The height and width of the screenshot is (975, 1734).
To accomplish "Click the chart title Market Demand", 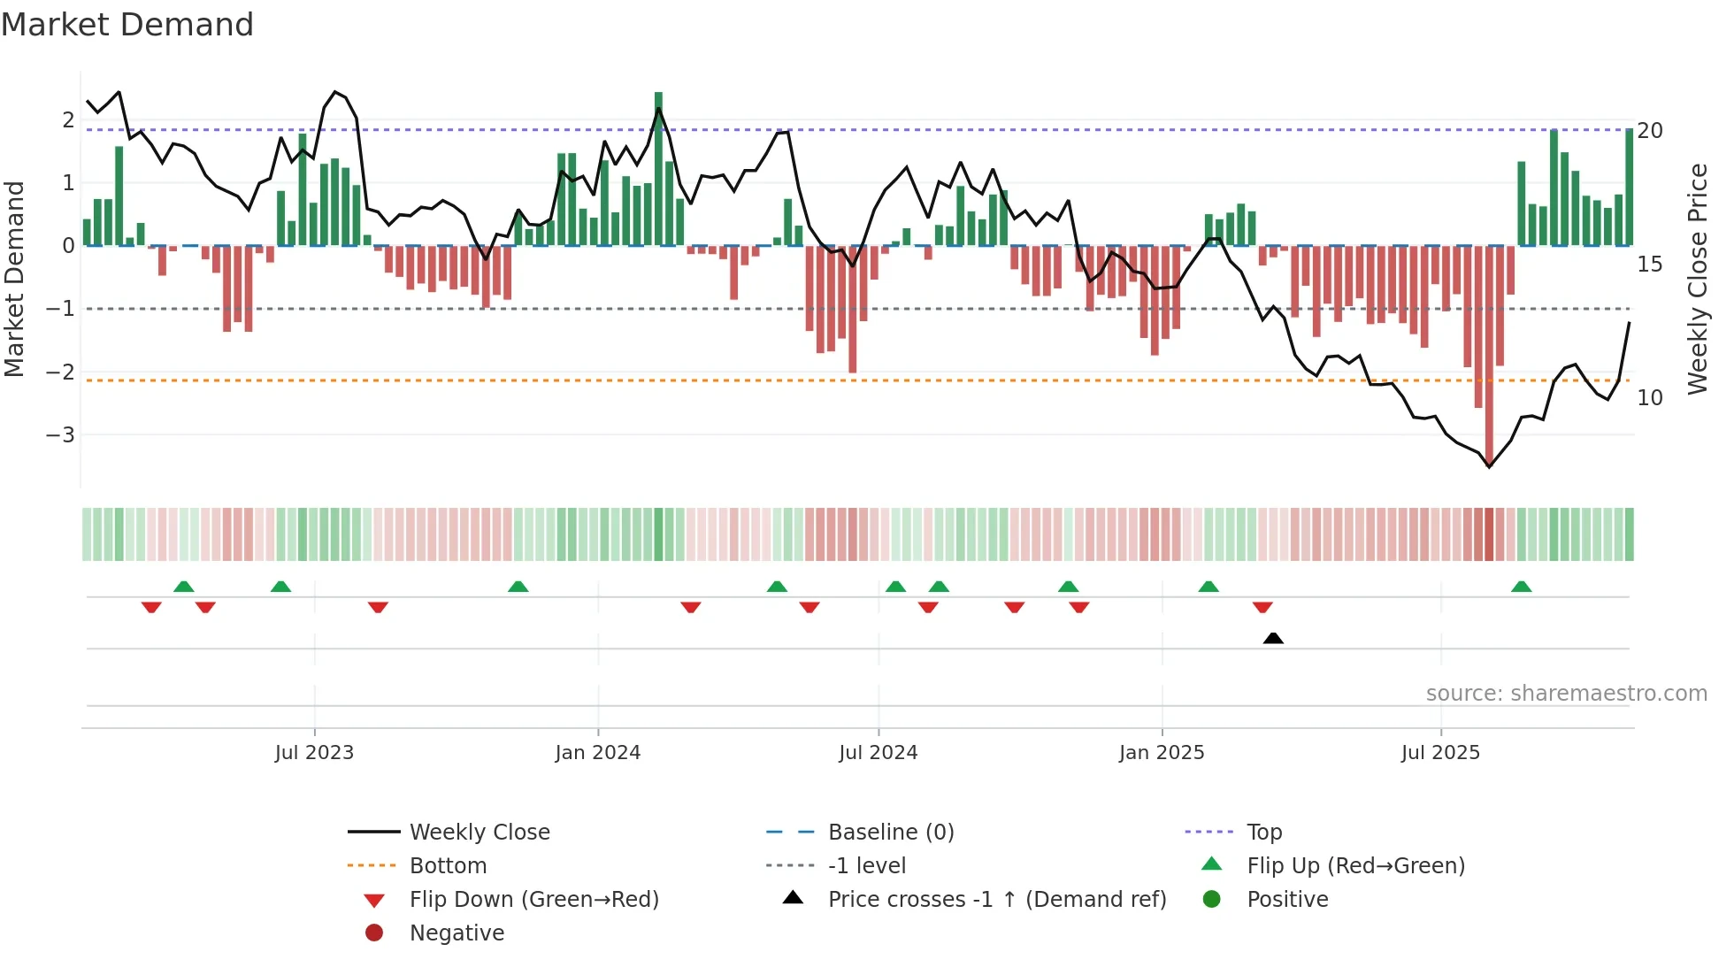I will tap(127, 25).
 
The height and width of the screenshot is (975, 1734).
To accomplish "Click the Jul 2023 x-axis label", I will tap(314, 753).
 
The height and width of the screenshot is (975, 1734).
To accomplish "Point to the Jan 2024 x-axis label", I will tap(597, 753).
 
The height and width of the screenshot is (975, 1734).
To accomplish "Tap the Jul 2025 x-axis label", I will tap(1440, 753).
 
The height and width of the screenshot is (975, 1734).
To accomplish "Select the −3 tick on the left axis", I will tap(60, 435).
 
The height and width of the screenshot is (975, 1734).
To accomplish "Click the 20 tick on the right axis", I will tap(1649, 131).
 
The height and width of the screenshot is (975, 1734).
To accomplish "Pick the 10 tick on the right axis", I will tap(1649, 398).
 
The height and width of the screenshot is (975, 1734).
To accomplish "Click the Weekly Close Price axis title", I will tap(1697, 279).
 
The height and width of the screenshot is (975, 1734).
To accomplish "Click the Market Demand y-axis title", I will tap(15, 279).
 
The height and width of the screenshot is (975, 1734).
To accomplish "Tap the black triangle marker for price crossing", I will tap(1273, 639).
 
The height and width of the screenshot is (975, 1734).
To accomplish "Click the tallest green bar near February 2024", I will tap(658, 168).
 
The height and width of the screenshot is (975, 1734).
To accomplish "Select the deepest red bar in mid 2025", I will tap(1489, 354).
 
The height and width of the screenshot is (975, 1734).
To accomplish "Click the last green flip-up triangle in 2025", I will tap(1521, 587).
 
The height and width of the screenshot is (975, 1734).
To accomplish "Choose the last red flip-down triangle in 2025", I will tap(1262, 607).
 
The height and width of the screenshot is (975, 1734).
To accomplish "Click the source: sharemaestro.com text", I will tap(1566, 694).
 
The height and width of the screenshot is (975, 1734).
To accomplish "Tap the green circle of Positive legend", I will tap(1212, 900).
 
